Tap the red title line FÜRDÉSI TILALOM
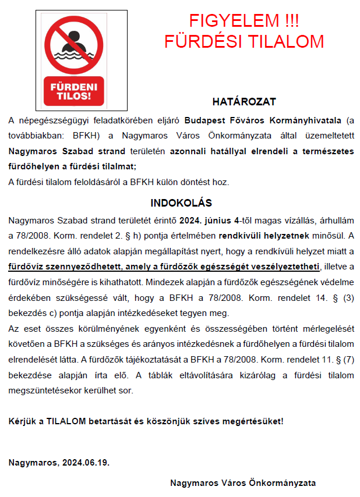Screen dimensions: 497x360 click(244, 41)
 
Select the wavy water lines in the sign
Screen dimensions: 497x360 click(74, 57)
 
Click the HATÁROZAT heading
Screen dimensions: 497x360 click(243, 102)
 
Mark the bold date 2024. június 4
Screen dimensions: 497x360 click(206, 222)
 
